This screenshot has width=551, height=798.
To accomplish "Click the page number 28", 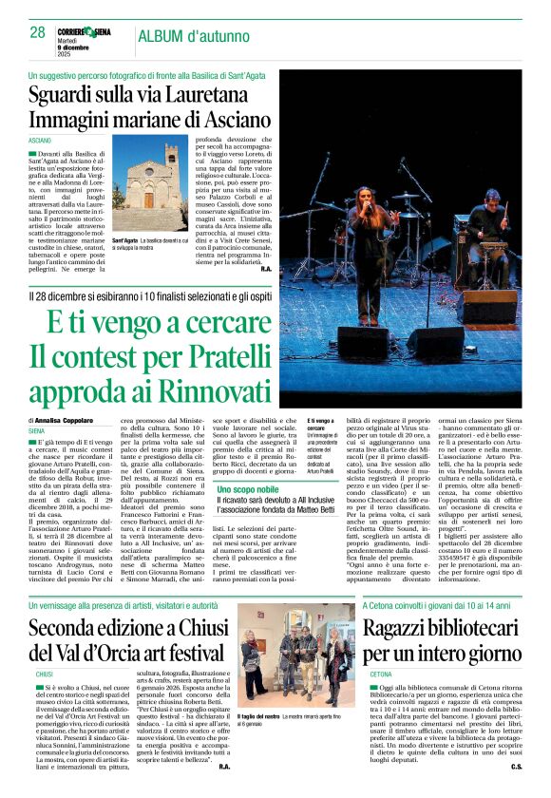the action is coord(37,32).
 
